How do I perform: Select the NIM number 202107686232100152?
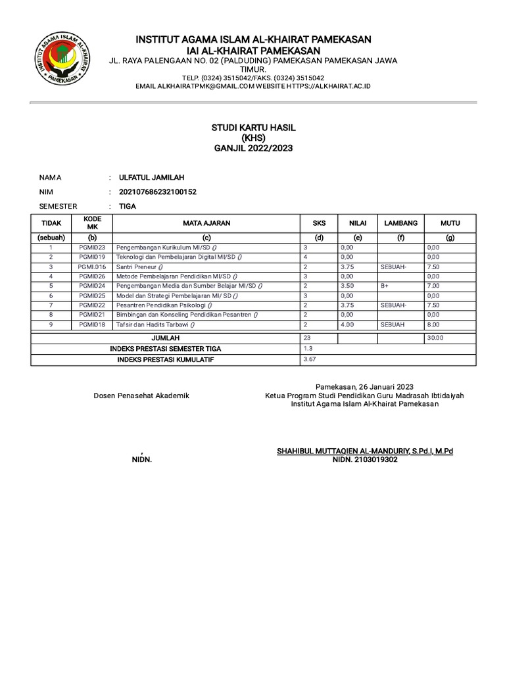click(x=157, y=192)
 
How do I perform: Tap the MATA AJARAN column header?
click(x=206, y=224)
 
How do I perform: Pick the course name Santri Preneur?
click(x=139, y=267)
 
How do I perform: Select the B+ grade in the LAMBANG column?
click(x=385, y=286)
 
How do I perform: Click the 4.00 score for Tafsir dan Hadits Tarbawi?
click(x=348, y=324)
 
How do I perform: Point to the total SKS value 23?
click(x=307, y=337)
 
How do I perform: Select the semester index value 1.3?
click(x=308, y=348)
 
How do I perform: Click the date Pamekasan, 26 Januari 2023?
click(x=364, y=386)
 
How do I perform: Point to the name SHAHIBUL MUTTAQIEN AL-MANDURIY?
click(x=342, y=451)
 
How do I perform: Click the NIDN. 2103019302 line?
click(x=364, y=460)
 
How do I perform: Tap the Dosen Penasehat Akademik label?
click(x=141, y=396)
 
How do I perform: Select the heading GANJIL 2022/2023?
click(x=252, y=149)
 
